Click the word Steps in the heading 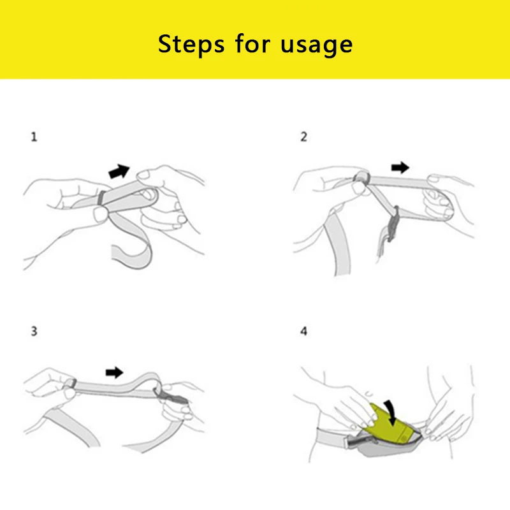pyautogui.click(x=191, y=44)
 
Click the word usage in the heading pyautogui.click(x=316, y=45)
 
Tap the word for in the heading pyautogui.click(x=252, y=43)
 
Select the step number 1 pyautogui.click(x=34, y=136)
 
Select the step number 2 pyautogui.click(x=304, y=136)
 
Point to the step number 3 pyautogui.click(x=34, y=331)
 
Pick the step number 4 pyautogui.click(x=304, y=331)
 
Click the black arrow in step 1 pyautogui.click(x=119, y=171)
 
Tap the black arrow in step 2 pyautogui.click(x=400, y=168)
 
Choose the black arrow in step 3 pyautogui.click(x=115, y=372)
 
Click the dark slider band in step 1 pyautogui.click(x=102, y=198)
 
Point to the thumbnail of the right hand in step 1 pyautogui.click(x=142, y=175)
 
